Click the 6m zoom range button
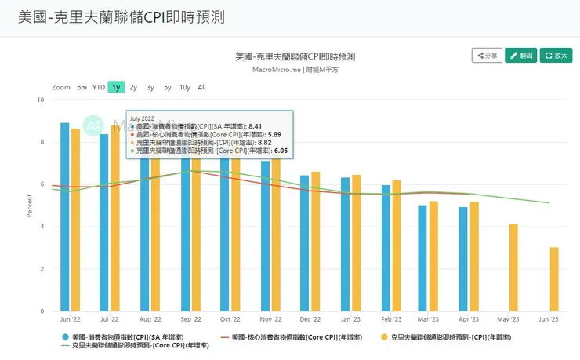click(82, 87)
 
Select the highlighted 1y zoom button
click(116, 87)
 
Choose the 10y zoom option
click(184, 87)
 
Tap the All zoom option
click(201, 87)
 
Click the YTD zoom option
click(99, 87)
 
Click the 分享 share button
click(486, 56)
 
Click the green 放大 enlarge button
click(556, 56)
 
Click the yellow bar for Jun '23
click(554, 279)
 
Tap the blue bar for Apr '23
click(463, 259)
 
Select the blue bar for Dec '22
click(305, 243)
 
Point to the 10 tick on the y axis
click(40, 100)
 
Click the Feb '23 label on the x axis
click(391, 320)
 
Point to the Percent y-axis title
click(30, 205)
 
